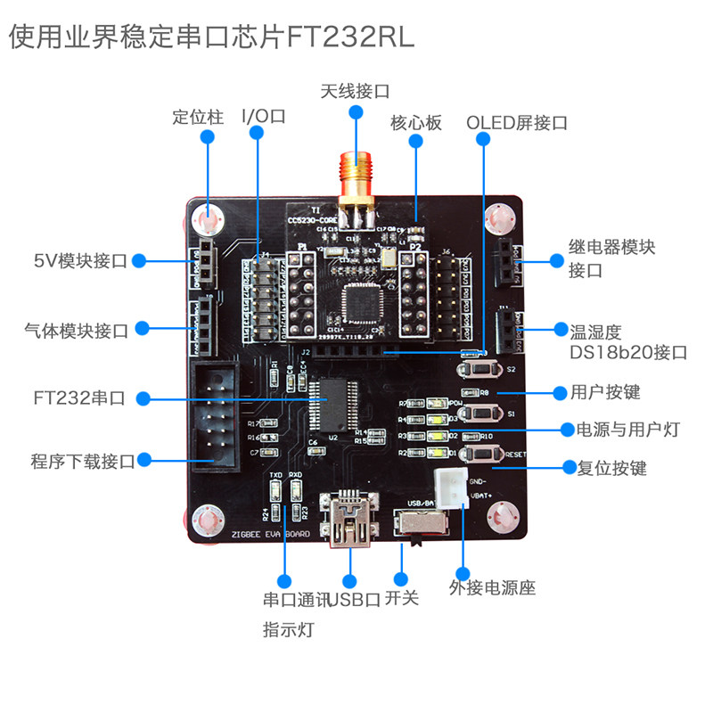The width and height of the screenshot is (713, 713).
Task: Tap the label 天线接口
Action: pyautogui.click(x=356, y=91)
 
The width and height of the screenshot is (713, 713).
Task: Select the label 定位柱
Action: pyautogui.click(x=198, y=117)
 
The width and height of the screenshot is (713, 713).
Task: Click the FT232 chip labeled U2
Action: pyautogui.click(x=332, y=406)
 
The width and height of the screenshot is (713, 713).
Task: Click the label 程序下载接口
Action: pyautogui.click(x=82, y=461)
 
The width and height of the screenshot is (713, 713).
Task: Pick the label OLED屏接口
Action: pyautogui.click(x=517, y=123)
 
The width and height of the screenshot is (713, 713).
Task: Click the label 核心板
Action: pyautogui.click(x=416, y=123)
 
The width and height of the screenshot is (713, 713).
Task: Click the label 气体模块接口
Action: pyautogui.click(x=77, y=331)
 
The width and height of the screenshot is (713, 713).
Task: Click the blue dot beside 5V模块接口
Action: pyautogui.click(x=140, y=261)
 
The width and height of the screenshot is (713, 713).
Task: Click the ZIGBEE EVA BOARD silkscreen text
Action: pyautogui.click(x=271, y=536)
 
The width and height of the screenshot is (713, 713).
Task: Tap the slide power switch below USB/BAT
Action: pyautogui.click(x=413, y=529)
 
